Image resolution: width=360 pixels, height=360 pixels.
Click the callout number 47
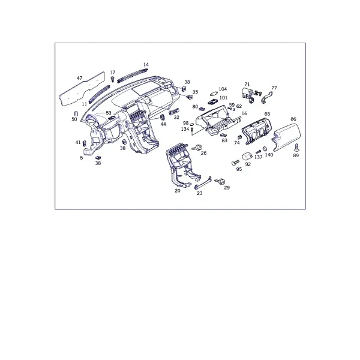pyautogui.click(x=79, y=78)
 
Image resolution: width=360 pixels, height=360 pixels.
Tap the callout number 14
pyautogui.click(x=146, y=65)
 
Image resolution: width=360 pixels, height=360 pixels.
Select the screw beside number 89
pyautogui.click(x=296, y=148)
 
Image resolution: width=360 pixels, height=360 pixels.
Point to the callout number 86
pyautogui.click(x=293, y=119)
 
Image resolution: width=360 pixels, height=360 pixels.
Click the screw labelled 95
pyautogui.click(x=235, y=163)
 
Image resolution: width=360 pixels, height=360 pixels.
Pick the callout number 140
pyautogui.click(x=269, y=155)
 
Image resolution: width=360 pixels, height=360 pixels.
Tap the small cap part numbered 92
pyautogui.click(x=247, y=156)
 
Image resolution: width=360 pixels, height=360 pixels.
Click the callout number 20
pyautogui.click(x=178, y=191)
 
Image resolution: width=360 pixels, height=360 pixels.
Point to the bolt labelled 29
pyautogui.click(x=220, y=181)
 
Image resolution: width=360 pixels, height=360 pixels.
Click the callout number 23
pyautogui.click(x=200, y=193)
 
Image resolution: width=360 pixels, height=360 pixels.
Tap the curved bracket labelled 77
pyautogui.click(x=266, y=97)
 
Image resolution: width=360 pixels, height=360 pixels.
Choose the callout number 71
pyautogui.click(x=247, y=84)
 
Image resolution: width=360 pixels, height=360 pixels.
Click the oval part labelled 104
pyautogui.click(x=214, y=94)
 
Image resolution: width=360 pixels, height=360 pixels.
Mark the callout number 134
pyautogui.click(x=185, y=129)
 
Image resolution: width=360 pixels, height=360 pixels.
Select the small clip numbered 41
pyautogui.click(x=84, y=143)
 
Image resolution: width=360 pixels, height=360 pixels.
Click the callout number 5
pyautogui.click(x=81, y=158)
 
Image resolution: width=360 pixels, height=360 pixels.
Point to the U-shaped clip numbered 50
pyautogui.click(x=76, y=113)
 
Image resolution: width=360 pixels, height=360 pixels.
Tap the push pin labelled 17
pyautogui.click(x=113, y=79)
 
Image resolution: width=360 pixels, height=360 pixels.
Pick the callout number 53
pyautogui.click(x=109, y=113)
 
